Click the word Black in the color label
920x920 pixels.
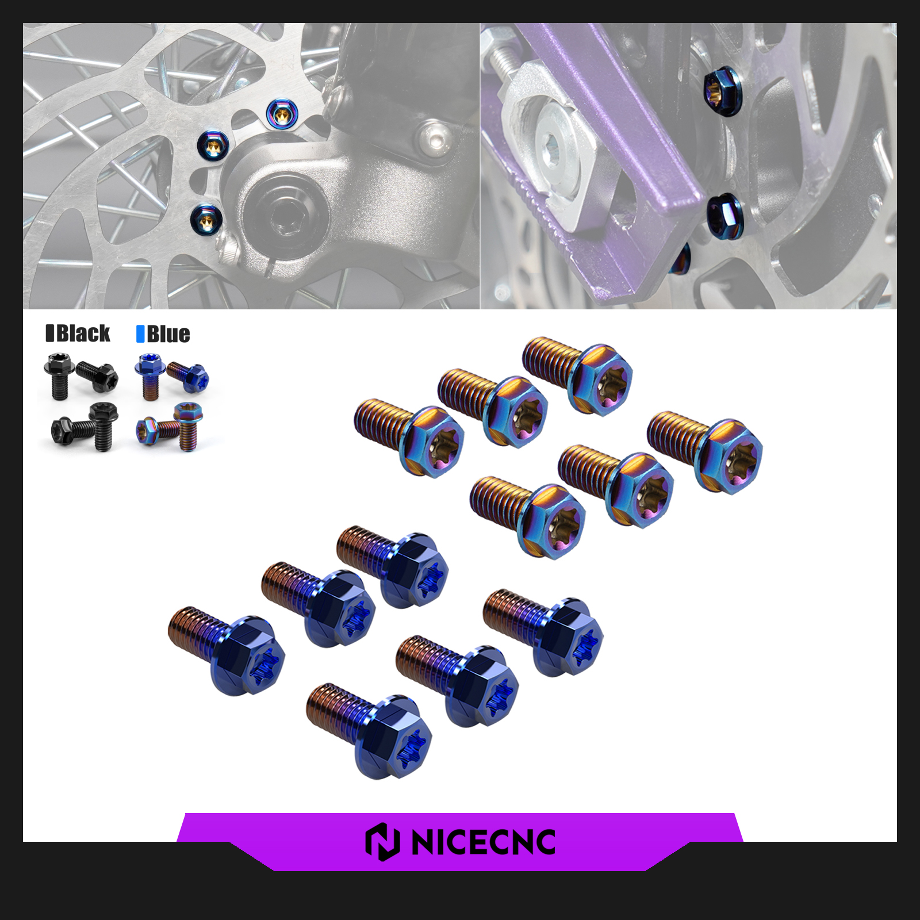pos(83,333)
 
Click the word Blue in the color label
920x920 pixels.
pos(168,334)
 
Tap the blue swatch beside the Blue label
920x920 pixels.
pos(140,334)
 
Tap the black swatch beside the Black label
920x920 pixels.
pos(50,333)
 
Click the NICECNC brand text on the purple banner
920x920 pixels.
pos(484,842)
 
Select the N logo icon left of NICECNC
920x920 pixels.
pos(382,842)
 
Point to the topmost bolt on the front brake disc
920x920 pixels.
pos(282,114)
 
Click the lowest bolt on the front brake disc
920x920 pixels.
pos(206,219)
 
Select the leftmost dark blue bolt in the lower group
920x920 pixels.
pos(227,650)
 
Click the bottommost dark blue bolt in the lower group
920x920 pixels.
pos(369,730)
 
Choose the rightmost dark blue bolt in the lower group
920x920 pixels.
pos(543,632)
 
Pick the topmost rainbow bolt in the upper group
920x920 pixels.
pos(577,375)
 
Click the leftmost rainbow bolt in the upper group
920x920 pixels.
pos(409,437)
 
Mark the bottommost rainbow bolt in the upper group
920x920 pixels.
pos(528,517)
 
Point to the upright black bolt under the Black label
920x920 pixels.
pos(57,376)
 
